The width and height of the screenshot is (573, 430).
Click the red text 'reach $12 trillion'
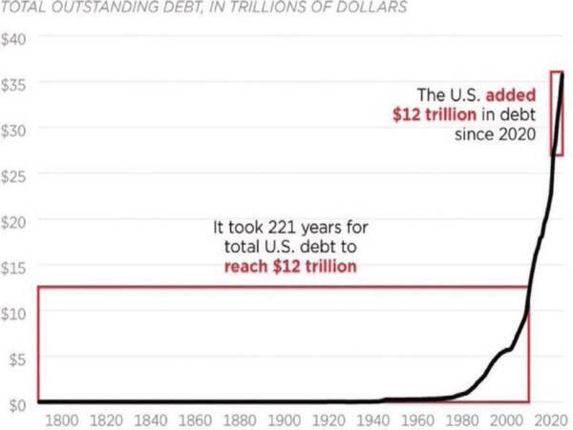(x=290, y=266)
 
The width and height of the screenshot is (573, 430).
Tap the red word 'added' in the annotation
(x=511, y=95)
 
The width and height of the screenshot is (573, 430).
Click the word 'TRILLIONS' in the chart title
(x=257, y=9)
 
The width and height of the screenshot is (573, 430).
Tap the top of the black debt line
(x=562, y=74)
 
